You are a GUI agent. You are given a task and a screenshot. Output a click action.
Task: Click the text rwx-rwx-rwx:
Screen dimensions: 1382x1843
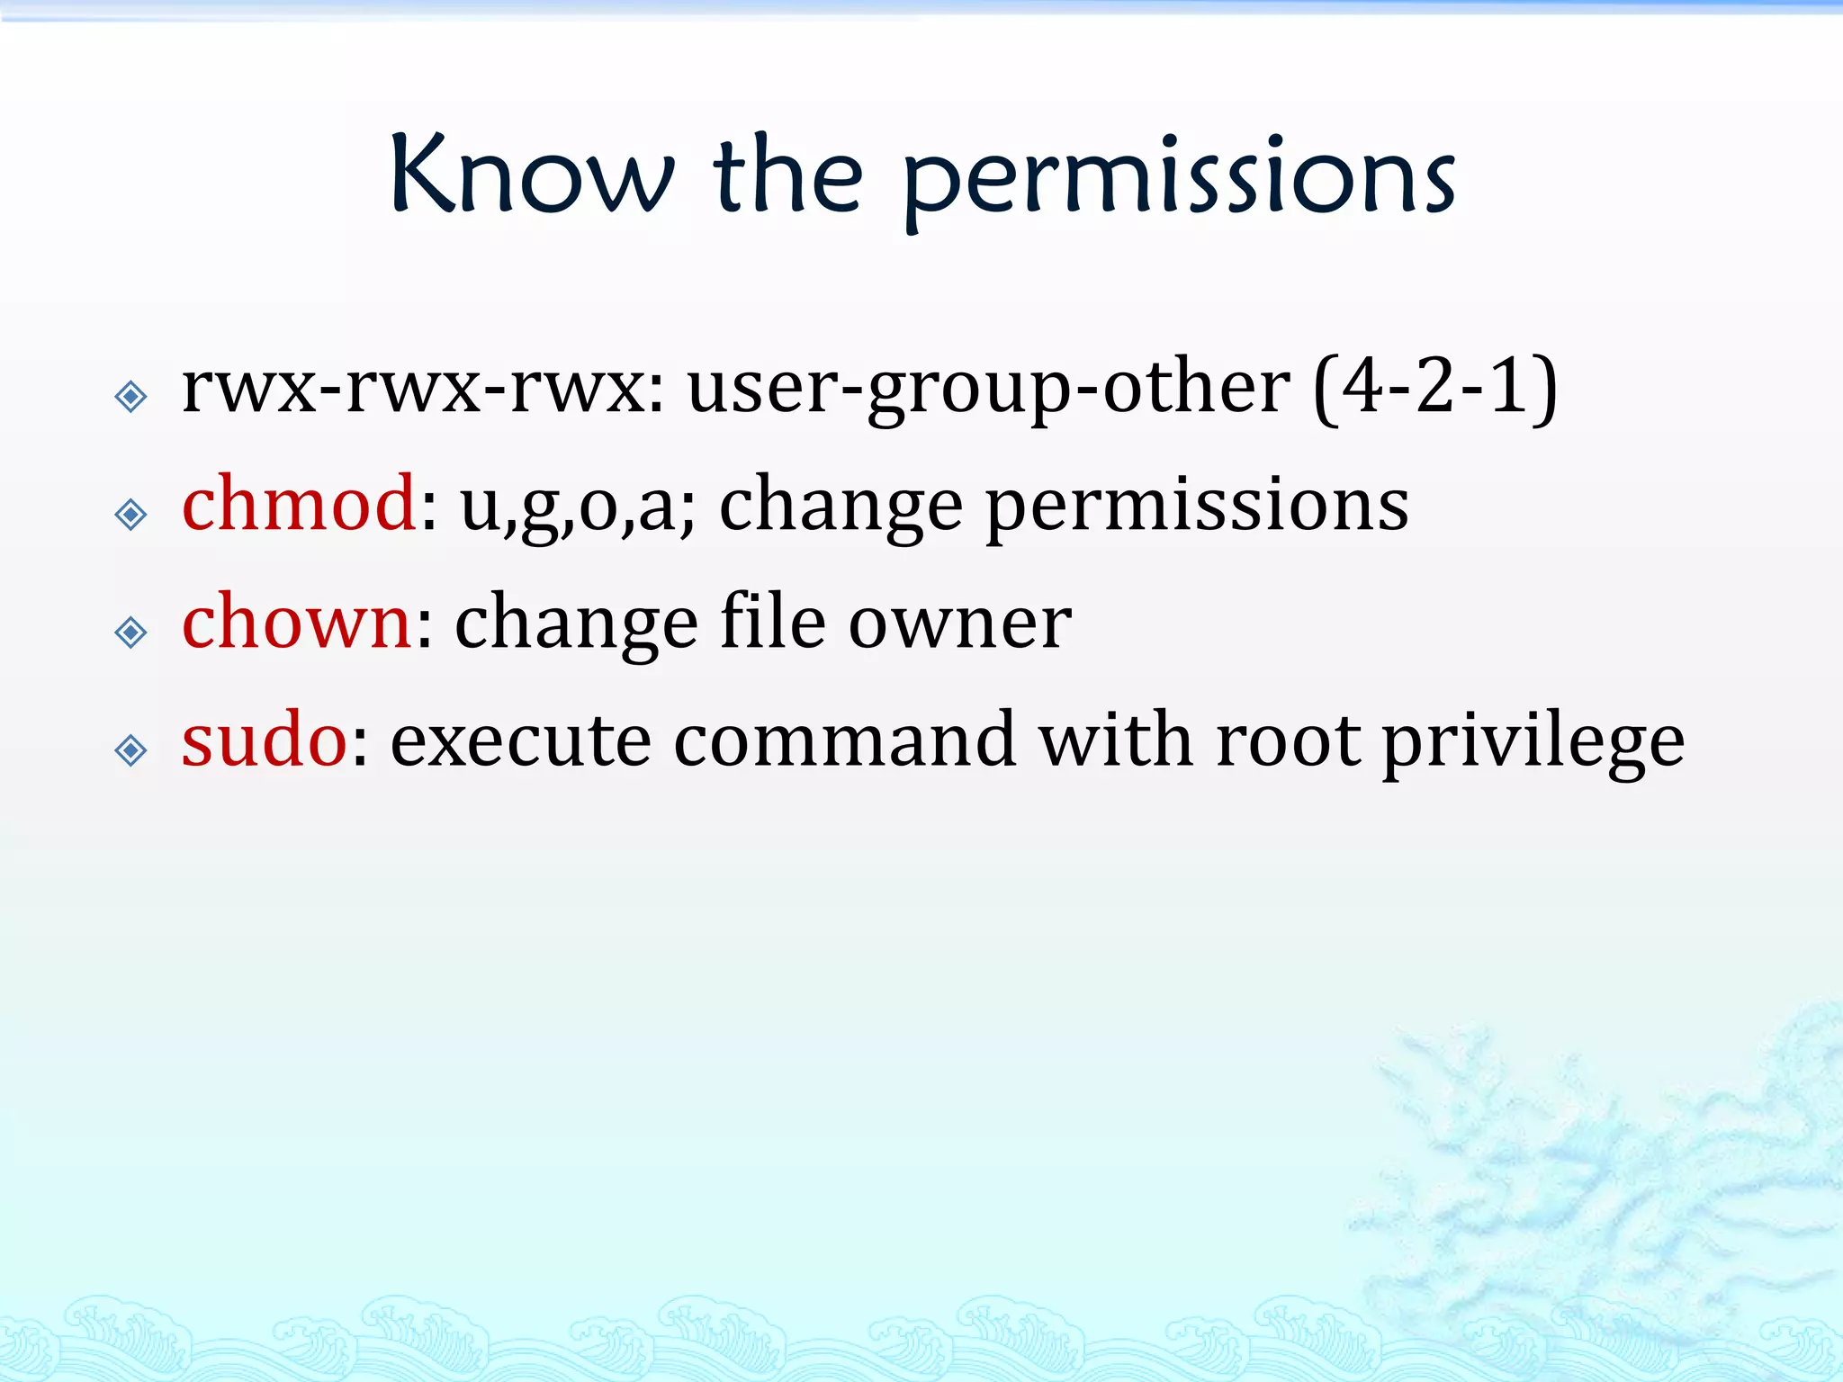tap(423, 389)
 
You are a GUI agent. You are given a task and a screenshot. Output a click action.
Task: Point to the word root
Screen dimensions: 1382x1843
tap(1288, 741)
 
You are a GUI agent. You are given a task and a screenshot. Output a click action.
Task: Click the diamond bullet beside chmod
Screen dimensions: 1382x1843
tap(131, 515)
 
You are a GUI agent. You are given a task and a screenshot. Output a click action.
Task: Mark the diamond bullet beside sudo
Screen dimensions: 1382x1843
tap(131, 750)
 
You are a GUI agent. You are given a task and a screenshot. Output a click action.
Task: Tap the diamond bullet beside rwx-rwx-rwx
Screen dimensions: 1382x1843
tap(131, 396)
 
